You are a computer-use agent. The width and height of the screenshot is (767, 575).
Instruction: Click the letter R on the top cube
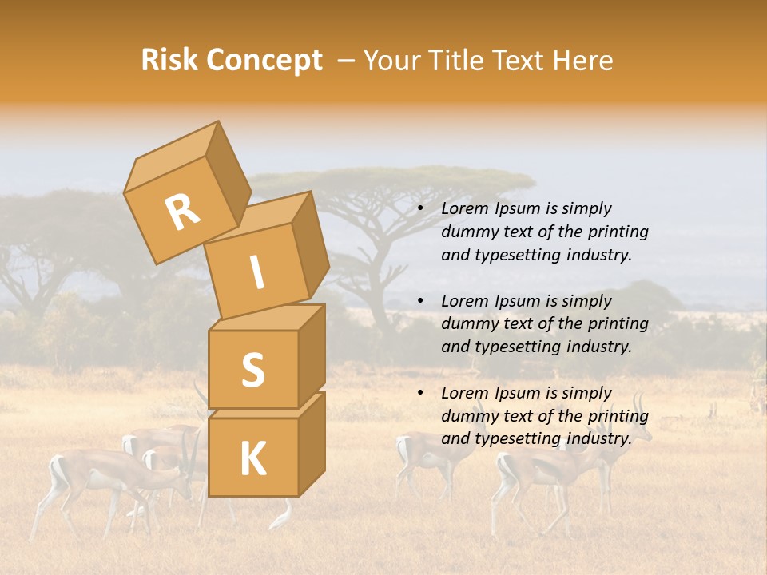point(182,213)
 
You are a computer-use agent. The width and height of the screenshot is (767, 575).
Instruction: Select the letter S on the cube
point(252,370)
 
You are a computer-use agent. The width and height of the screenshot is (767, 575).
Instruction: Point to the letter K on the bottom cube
point(252,458)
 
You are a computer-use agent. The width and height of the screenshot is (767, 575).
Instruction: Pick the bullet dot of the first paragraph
point(421,208)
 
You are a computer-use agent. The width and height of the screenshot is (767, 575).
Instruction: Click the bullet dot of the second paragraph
point(421,301)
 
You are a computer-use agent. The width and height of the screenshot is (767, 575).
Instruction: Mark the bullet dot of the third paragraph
point(421,393)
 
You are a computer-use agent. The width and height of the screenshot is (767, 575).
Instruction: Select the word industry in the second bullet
point(599,347)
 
